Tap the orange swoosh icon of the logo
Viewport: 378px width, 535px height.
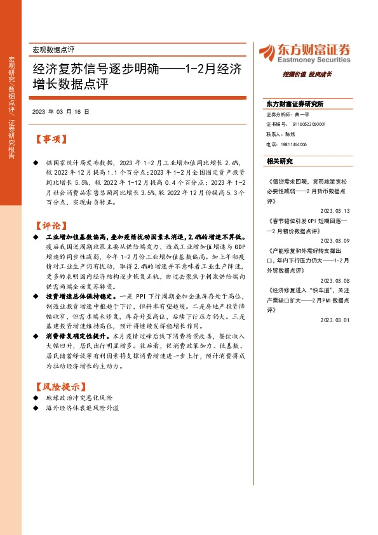[x=264, y=51]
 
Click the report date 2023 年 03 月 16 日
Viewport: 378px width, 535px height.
[x=60, y=111]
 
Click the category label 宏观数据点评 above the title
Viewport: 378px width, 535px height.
[x=53, y=49]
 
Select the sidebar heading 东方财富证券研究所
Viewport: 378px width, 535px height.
[x=295, y=104]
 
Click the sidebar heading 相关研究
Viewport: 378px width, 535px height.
[x=280, y=161]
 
